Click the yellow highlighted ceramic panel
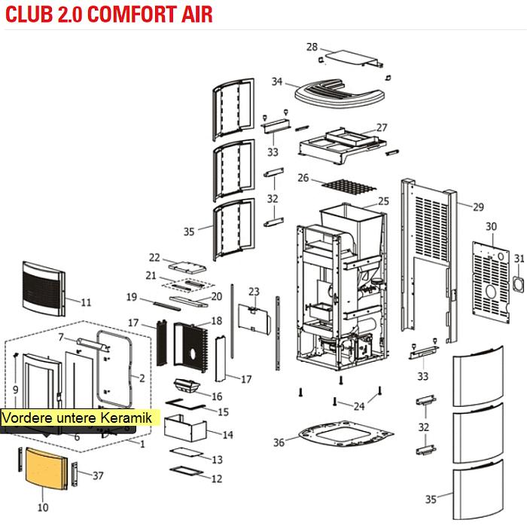(x=46, y=468)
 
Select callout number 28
(x=312, y=47)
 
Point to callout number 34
(x=277, y=81)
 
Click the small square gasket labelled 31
(x=518, y=282)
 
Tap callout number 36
(x=279, y=442)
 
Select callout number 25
(x=383, y=201)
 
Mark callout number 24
(x=359, y=406)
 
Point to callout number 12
(x=217, y=479)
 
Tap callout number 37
(x=97, y=476)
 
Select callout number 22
(x=155, y=257)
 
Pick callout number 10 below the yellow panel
(x=43, y=507)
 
